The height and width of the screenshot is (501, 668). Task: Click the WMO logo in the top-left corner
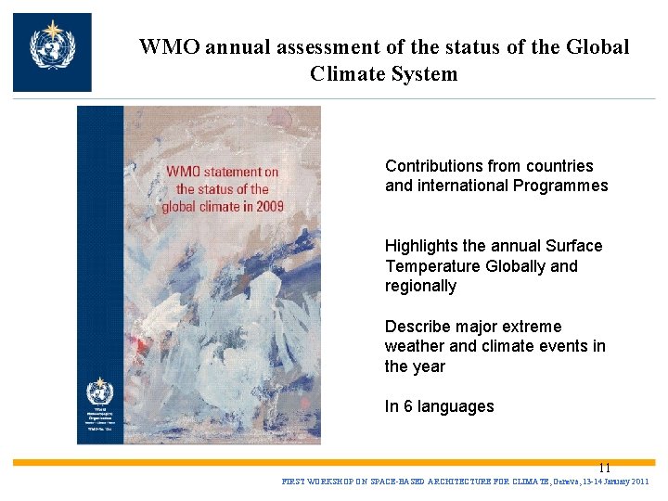(x=52, y=52)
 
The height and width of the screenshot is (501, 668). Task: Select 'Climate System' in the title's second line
(x=384, y=74)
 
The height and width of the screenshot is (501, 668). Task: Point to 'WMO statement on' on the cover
(x=223, y=172)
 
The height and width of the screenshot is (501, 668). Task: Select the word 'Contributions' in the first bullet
(x=431, y=166)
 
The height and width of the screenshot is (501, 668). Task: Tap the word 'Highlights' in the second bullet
(x=422, y=246)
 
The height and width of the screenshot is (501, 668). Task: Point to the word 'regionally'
(x=420, y=286)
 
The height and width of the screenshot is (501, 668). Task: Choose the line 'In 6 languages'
(x=439, y=406)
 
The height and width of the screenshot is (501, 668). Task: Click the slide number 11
(x=604, y=468)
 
